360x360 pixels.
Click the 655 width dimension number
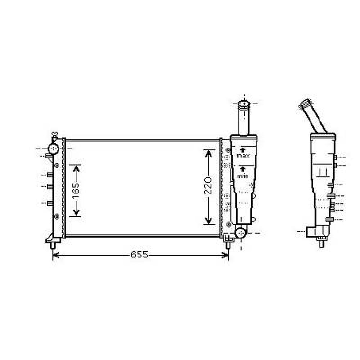pos(139,255)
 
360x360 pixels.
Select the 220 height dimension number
pos(208,186)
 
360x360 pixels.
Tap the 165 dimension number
pos(75,190)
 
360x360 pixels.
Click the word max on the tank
pos(243,156)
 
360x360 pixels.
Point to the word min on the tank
pos(243,176)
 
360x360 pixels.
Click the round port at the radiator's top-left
pos(54,148)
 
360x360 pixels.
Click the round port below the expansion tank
pos(240,233)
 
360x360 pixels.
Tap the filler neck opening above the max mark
pos(244,104)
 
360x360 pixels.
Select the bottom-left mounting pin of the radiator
pos(53,244)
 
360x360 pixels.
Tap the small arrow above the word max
pos(243,149)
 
